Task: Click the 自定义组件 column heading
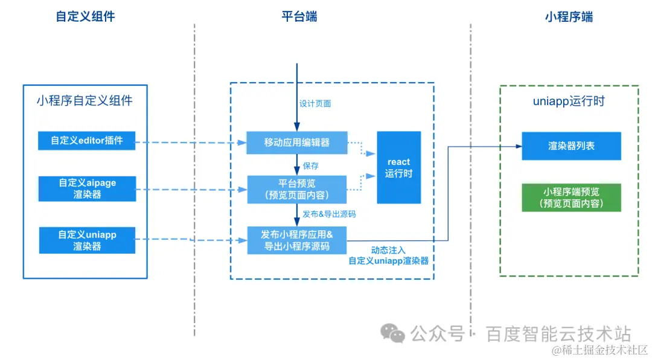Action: tap(85, 17)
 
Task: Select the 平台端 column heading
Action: tap(299, 17)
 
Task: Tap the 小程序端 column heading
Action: tap(568, 17)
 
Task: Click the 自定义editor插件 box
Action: tap(86, 141)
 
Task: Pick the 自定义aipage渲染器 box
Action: tap(86, 188)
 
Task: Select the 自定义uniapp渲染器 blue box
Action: tap(86, 240)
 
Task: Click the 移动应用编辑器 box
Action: tap(296, 143)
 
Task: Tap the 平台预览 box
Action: tap(296, 189)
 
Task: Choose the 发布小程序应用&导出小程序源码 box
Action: tap(296, 240)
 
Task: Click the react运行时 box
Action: tap(398, 167)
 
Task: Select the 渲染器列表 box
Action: tap(570, 146)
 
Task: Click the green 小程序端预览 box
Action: tap(570, 198)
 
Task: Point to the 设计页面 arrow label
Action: tap(315, 104)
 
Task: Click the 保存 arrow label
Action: tap(311, 166)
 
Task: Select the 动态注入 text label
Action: tap(388, 249)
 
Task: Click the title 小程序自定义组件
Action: tap(85, 100)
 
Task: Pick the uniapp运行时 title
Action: tap(569, 101)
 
